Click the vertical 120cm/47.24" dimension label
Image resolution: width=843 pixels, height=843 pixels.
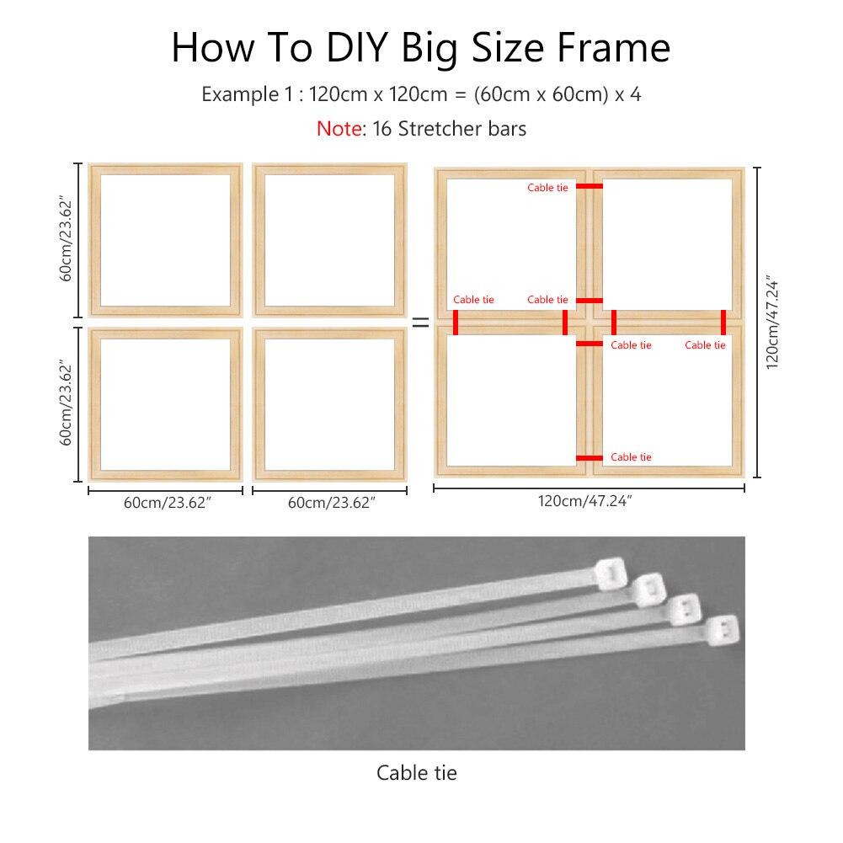coord(772,321)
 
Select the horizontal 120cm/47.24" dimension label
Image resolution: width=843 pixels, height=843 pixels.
coord(585,501)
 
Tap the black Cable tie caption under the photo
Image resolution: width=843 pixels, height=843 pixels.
coord(416,772)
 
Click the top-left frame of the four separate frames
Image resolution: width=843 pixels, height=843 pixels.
coord(165,240)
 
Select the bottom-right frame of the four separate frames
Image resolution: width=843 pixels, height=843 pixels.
coord(329,404)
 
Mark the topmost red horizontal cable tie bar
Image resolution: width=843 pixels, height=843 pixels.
coord(589,186)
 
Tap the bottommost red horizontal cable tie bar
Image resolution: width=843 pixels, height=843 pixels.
coord(589,458)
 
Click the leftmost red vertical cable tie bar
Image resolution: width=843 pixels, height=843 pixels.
coord(456,322)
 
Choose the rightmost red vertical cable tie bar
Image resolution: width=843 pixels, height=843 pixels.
coord(723,322)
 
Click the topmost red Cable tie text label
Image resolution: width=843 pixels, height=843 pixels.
coord(547,188)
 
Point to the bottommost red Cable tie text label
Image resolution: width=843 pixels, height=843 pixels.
coord(631,457)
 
